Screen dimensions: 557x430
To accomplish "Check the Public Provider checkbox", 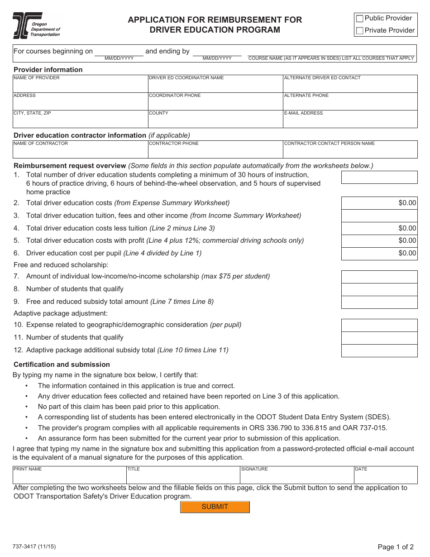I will tap(360, 19).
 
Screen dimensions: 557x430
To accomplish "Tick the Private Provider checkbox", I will tap(360, 31).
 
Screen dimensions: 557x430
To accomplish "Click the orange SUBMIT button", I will tap(215, 507).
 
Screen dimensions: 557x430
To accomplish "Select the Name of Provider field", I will tap(81, 86).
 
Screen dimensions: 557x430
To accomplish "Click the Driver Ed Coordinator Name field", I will tap(215, 86).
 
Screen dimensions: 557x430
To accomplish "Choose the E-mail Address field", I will tap(350, 121).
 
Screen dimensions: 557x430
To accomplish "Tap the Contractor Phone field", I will tap(215, 152).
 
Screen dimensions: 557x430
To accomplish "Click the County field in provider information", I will tap(215, 121).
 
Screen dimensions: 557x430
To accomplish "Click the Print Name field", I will tap(69, 477).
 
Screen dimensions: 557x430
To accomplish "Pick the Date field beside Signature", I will tap(385, 477).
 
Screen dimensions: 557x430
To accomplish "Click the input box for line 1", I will tap(379, 177).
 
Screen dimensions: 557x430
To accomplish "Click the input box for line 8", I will tap(379, 289).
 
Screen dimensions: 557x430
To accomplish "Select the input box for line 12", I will tap(379, 351).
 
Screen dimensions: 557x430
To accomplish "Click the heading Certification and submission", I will tap(62, 365).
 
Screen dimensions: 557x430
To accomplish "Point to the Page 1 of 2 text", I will tap(396, 547).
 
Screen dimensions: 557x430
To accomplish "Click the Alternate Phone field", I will tap(350, 104).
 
